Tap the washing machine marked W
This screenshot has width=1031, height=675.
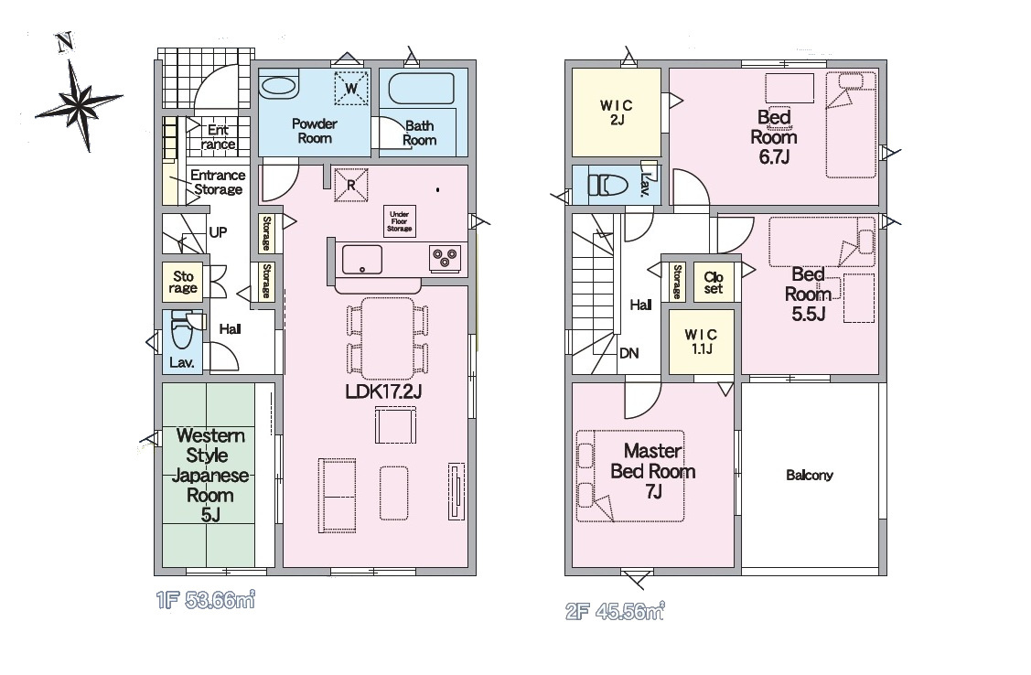point(351,88)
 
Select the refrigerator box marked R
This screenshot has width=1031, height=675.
point(351,186)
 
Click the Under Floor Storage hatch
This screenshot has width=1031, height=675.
point(399,221)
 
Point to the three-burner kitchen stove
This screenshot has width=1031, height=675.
point(446,258)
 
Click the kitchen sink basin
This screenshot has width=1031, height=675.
point(361,260)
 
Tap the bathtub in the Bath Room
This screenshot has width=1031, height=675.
point(421,88)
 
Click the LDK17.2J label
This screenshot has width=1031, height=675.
point(383,391)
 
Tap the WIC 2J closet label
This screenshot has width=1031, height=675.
point(617,112)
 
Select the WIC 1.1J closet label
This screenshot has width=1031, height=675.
point(702,342)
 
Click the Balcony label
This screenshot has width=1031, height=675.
point(810,475)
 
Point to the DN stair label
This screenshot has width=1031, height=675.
point(629,353)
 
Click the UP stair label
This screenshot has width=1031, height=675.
point(219,232)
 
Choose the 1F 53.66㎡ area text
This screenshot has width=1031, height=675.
point(206,600)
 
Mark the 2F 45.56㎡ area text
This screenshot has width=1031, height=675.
point(615,612)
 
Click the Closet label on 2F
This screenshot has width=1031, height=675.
point(714,283)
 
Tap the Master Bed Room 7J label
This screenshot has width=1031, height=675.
point(653,471)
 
